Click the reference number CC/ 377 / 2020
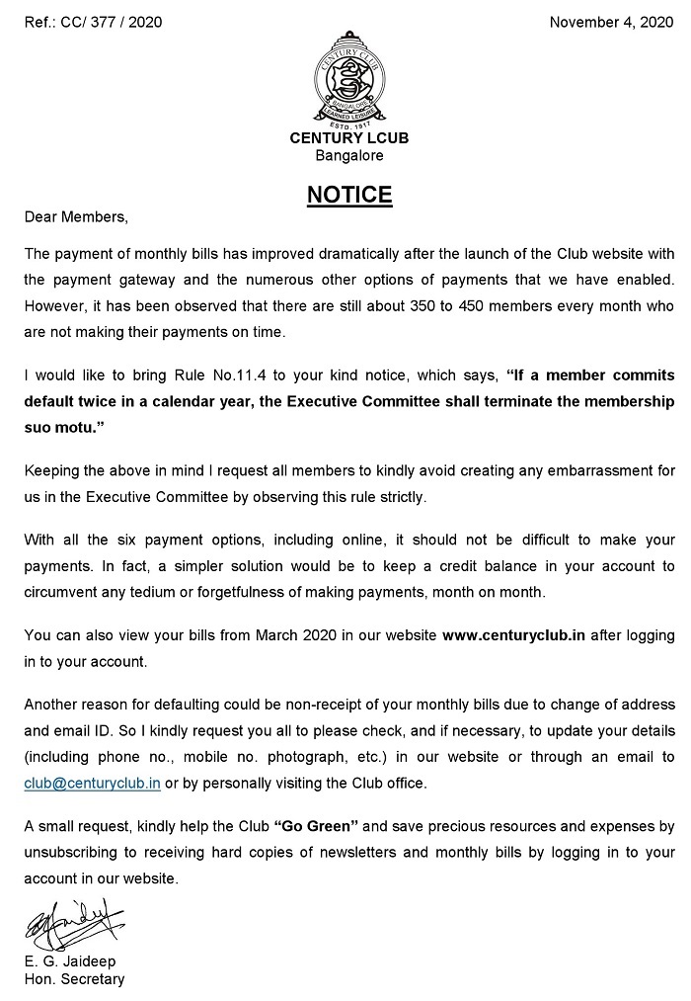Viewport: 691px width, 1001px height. (x=115, y=22)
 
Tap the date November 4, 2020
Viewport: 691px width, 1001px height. (x=611, y=22)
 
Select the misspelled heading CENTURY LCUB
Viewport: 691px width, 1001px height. (x=349, y=138)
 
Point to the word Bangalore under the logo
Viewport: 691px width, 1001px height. (x=349, y=155)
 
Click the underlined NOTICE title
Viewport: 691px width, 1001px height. (x=349, y=195)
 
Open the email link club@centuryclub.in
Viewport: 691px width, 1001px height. (x=93, y=784)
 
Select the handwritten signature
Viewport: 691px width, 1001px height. (x=74, y=925)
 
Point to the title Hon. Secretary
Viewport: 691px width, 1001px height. (x=75, y=979)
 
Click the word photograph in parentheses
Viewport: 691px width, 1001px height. (x=358, y=758)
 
